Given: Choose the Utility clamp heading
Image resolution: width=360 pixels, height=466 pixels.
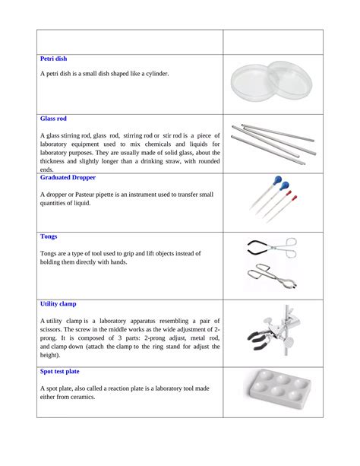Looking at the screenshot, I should point(58,303).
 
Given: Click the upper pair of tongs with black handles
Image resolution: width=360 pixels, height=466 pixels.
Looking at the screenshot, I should point(270,247).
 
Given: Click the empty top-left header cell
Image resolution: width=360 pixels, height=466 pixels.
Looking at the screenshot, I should point(129,41).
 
